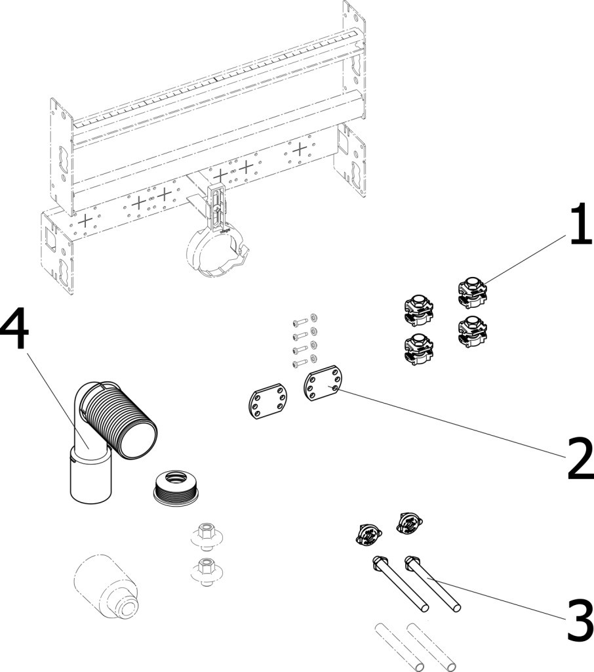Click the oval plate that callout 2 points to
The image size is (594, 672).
[322, 388]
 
